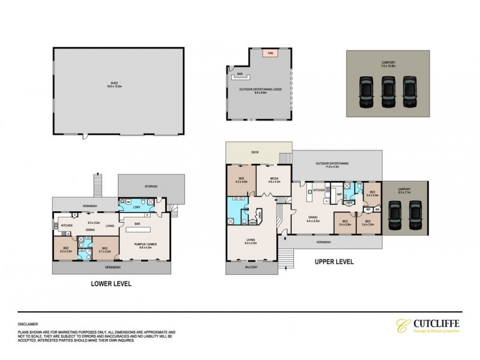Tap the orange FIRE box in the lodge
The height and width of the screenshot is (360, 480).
point(270,53)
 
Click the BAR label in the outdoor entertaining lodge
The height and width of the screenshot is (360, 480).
point(239,74)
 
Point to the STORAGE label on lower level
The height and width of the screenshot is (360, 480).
point(151,187)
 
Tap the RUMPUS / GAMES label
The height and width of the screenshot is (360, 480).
point(148,244)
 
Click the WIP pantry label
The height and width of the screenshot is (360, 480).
point(339,195)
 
